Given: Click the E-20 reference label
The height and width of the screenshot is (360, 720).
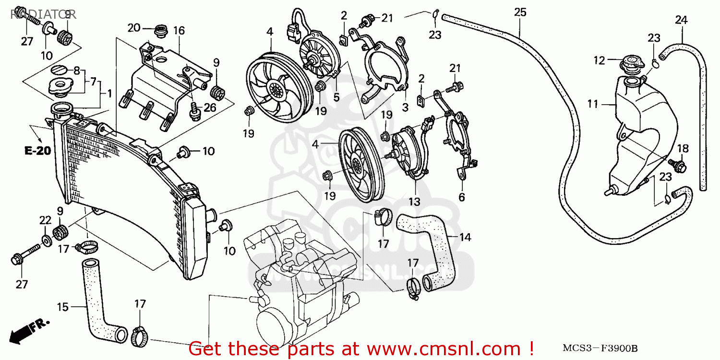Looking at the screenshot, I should click(38, 151).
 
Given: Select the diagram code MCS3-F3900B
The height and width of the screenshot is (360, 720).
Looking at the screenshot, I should click(593, 347).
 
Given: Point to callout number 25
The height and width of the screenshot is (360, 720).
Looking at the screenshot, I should click(520, 12).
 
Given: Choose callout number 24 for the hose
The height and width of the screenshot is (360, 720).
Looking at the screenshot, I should click(681, 20).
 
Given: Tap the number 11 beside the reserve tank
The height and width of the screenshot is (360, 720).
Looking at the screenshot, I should click(593, 103).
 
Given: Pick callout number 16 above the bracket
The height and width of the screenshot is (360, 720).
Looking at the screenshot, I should click(179, 31).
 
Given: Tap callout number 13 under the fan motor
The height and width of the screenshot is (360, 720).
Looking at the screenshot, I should click(414, 201).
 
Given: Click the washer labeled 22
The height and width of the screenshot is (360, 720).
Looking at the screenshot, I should click(46, 239).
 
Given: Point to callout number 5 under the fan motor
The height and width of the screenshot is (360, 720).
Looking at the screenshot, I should click(336, 97).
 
